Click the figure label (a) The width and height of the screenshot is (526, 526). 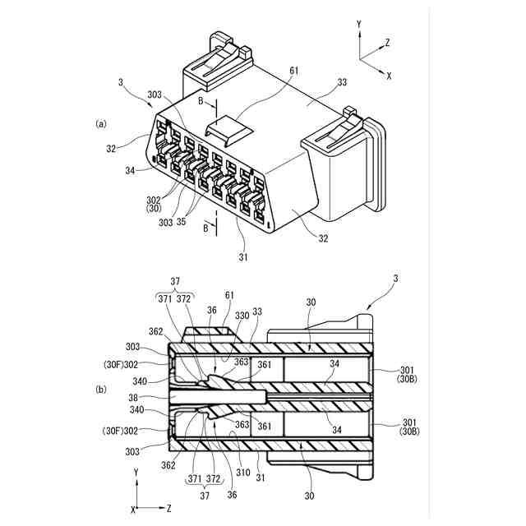pos(102,124)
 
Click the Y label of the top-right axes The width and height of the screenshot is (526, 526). pos(359,25)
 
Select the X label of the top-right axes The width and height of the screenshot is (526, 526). pos(389,75)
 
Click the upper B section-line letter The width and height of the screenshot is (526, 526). pos(200,101)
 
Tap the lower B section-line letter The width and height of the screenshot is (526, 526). pos(205,229)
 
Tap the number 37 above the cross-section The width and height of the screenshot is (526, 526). pos(173,280)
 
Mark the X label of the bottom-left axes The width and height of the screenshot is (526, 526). pos(133,510)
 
